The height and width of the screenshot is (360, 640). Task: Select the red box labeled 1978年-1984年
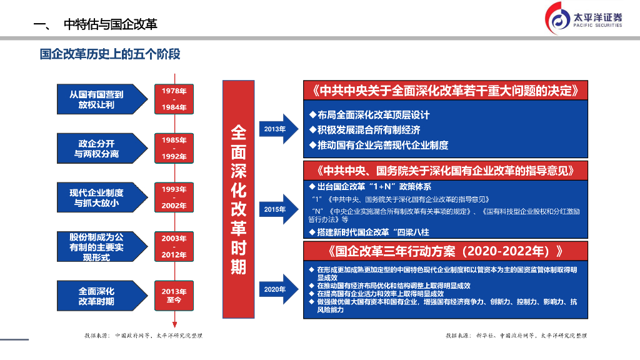[x=174, y=99]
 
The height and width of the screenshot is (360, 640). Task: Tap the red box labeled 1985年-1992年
[x=174, y=148]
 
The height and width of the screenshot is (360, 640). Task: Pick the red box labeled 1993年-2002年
[x=174, y=197]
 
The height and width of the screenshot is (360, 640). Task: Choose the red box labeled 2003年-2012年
[x=174, y=247]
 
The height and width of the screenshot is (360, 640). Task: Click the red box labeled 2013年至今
[x=174, y=296]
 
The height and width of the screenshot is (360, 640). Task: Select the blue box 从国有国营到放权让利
[x=96, y=99]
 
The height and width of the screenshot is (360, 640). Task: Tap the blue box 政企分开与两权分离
[x=96, y=149]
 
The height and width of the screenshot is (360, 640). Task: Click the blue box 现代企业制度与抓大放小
[x=96, y=197]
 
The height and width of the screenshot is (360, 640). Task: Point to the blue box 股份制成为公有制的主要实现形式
[x=96, y=247]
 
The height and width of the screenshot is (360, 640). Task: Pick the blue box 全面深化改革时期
[x=96, y=296]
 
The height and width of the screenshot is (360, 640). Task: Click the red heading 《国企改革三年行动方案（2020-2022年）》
[x=445, y=251]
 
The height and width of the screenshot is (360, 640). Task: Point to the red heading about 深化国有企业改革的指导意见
[x=445, y=171]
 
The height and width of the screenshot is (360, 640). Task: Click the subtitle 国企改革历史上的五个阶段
[x=110, y=54]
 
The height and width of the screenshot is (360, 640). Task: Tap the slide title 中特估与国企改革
[x=111, y=24]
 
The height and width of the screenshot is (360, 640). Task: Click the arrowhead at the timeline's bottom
[x=174, y=324]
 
